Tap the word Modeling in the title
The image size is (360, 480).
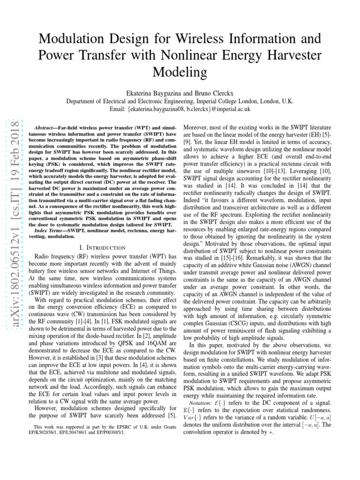[180, 72]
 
